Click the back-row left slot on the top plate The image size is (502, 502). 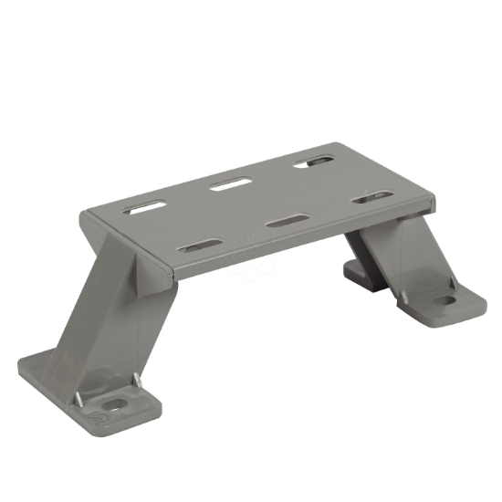click(146, 208)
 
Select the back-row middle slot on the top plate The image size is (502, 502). click(230, 185)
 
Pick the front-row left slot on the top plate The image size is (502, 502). click(201, 245)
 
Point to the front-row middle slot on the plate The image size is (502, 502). click(289, 221)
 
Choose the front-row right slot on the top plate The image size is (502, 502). click(372, 196)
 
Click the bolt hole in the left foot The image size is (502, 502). click(115, 403)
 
